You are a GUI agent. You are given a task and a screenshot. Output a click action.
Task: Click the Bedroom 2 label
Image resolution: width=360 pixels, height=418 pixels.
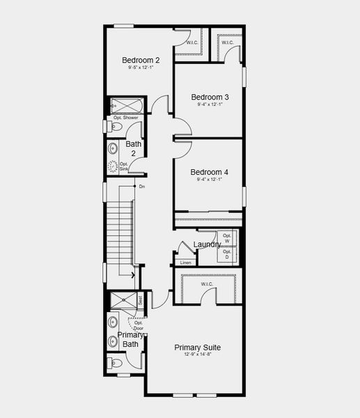tap(141, 59)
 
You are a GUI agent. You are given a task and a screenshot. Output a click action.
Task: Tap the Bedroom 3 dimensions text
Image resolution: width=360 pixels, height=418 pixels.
tap(210, 104)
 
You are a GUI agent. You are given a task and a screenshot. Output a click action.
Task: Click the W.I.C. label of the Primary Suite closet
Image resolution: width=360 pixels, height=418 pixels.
tap(206, 284)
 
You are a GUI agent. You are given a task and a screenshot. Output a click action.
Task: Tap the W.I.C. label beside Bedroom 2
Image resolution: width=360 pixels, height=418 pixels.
tap(191, 43)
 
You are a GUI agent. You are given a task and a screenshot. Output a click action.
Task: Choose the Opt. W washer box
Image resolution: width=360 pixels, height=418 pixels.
tap(226, 238)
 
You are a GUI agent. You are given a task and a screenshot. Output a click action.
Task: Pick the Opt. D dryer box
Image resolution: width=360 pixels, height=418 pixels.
tap(226, 254)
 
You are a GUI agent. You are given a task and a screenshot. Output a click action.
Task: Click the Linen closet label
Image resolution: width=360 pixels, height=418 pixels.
tap(185, 263)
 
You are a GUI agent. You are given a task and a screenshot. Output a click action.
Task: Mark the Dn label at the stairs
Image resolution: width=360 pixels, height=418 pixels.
tap(142, 187)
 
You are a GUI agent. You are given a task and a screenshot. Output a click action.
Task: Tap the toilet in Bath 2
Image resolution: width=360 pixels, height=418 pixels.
tap(117, 127)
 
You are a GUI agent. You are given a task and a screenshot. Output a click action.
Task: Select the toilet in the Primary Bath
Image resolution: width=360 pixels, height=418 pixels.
tap(116, 363)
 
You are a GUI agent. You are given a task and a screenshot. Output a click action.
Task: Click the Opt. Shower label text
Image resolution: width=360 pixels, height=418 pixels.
tap(126, 118)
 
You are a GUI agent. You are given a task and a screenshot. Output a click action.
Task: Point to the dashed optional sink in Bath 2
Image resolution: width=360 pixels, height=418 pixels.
tap(114, 167)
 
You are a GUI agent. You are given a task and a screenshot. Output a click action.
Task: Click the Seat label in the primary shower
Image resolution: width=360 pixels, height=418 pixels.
tap(140, 300)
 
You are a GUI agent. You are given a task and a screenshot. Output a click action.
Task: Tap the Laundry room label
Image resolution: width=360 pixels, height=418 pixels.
tap(207, 245)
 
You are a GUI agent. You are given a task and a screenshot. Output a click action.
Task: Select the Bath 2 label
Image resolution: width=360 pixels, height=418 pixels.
tap(133, 148)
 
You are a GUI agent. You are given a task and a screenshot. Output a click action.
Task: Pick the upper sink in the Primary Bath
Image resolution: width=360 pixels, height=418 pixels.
tap(113, 323)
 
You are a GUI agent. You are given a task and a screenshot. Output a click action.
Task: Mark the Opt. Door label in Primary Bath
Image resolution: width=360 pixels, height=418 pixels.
tap(139, 325)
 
